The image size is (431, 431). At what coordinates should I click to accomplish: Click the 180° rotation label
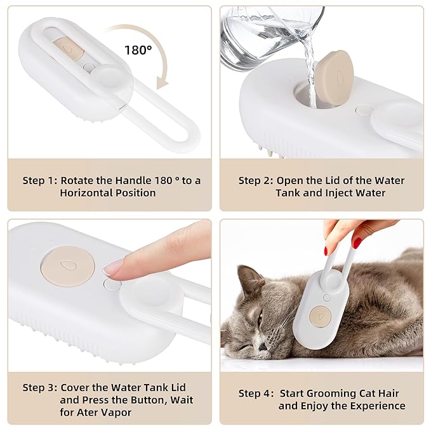[x=138, y=50]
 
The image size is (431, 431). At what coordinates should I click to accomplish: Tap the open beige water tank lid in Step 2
[x=334, y=78]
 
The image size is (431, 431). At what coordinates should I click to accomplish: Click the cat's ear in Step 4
[x=249, y=277]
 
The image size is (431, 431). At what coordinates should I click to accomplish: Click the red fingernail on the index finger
[x=357, y=242]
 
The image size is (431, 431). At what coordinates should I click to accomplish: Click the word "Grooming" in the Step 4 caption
[x=331, y=394]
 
